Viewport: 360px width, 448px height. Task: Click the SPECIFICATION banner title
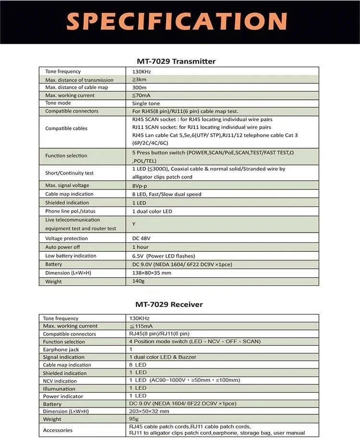pyautogui.click(x=177, y=22)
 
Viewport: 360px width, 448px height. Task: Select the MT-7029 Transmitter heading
pyautogui.click(x=176, y=61)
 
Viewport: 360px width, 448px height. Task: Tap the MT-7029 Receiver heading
pyautogui.click(x=169, y=305)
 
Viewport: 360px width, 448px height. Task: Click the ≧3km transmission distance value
pyautogui.click(x=139, y=80)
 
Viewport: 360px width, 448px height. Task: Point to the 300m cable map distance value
pyautogui.click(x=139, y=87)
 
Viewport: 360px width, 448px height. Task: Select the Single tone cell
pyautogui.click(x=146, y=103)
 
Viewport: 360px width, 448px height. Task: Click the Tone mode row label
pyautogui.click(x=58, y=103)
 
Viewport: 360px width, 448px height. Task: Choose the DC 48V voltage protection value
pyautogui.click(x=142, y=238)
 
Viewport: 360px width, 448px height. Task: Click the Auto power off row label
pyautogui.click(x=63, y=247)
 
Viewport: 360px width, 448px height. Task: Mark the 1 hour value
pyautogui.click(x=140, y=247)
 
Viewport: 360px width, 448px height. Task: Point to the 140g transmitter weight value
pyautogui.click(x=139, y=282)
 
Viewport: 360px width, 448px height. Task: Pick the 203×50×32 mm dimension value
pyautogui.click(x=149, y=411)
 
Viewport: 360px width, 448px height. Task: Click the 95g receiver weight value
pyautogui.click(x=134, y=419)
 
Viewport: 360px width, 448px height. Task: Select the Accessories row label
pyautogui.click(x=58, y=430)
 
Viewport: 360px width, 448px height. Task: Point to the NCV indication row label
pyautogui.click(x=60, y=381)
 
